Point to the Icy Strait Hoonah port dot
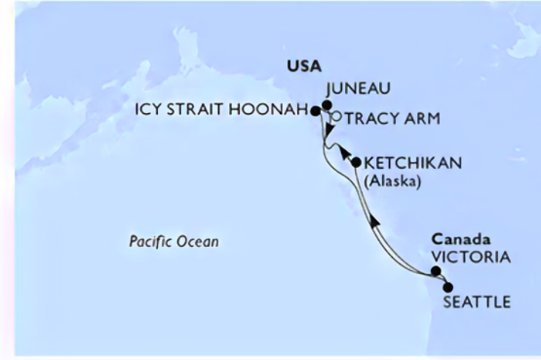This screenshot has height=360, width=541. pyautogui.click(x=316, y=112)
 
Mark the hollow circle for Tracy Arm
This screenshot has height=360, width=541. pyautogui.click(x=333, y=117)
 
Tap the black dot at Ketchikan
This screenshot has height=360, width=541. pyautogui.click(x=356, y=162)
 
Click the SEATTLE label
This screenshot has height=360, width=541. pyautogui.click(x=476, y=302)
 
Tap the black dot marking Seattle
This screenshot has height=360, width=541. pyautogui.click(x=447, y=287)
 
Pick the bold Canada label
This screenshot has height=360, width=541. pyautogui.click(x=457, y=239)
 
